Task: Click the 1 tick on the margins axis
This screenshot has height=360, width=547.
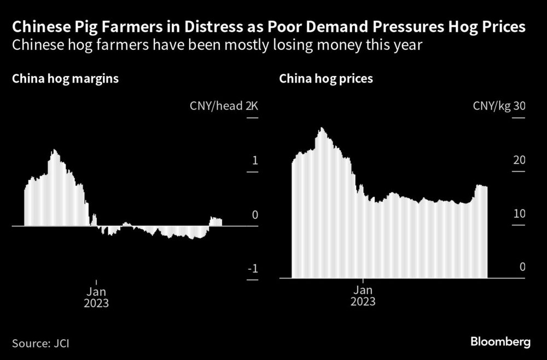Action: pos(254,161)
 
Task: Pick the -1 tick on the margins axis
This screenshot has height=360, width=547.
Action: pos(253,269)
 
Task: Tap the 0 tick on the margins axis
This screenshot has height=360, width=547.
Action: pos(254,215)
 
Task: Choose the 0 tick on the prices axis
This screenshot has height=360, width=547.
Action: pos(522,268)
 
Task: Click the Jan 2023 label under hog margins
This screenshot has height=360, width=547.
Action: pos(96,296)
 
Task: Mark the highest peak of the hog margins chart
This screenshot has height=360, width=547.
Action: pos(54,150)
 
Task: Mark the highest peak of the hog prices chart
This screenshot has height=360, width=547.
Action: pos(322,129)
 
